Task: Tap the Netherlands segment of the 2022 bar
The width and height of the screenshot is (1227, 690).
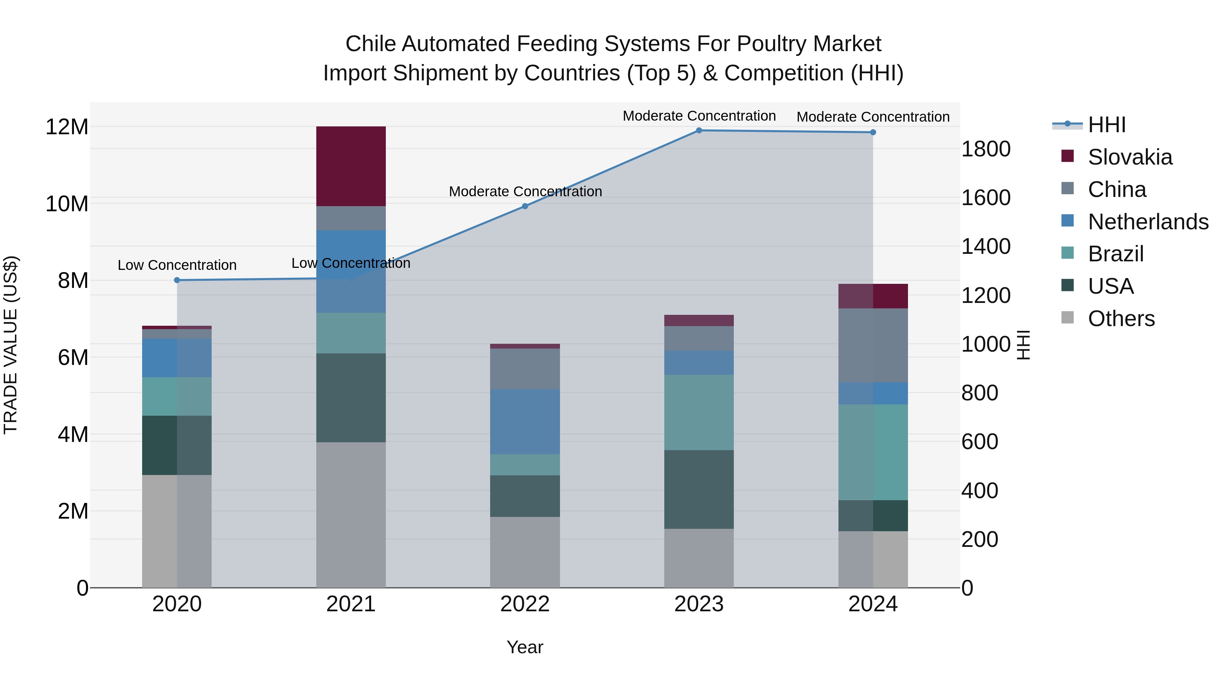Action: click(525, 421)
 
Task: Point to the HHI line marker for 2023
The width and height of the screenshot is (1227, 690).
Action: click(699, 131)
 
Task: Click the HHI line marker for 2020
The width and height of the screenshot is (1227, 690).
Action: click(177, 280)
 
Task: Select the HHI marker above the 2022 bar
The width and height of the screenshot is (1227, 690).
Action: click(525, 206)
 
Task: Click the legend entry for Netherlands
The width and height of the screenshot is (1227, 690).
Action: click(1148, 222)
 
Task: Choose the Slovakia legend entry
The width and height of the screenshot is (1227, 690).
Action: click(1130, 157)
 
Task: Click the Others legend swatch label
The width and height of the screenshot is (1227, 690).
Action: click(1121, 319)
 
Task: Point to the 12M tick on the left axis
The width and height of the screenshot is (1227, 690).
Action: click(67, 127)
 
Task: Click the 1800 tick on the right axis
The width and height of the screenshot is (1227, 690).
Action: click(985, 149)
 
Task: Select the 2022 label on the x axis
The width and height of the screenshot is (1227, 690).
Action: click(525, 604)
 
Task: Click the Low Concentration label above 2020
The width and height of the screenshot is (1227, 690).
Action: click(177, 265)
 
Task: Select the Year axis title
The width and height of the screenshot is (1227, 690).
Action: click(525, 647)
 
